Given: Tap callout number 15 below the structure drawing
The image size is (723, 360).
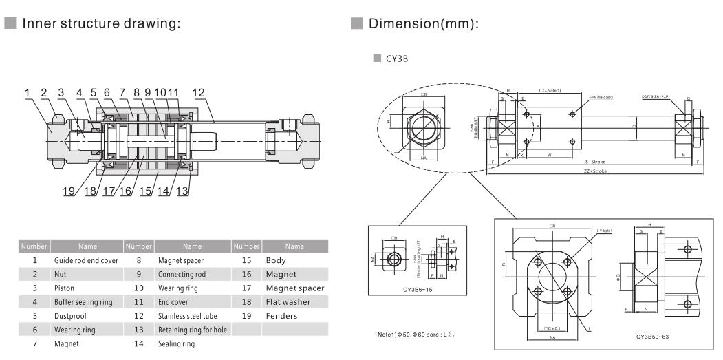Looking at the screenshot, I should [146, 191].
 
